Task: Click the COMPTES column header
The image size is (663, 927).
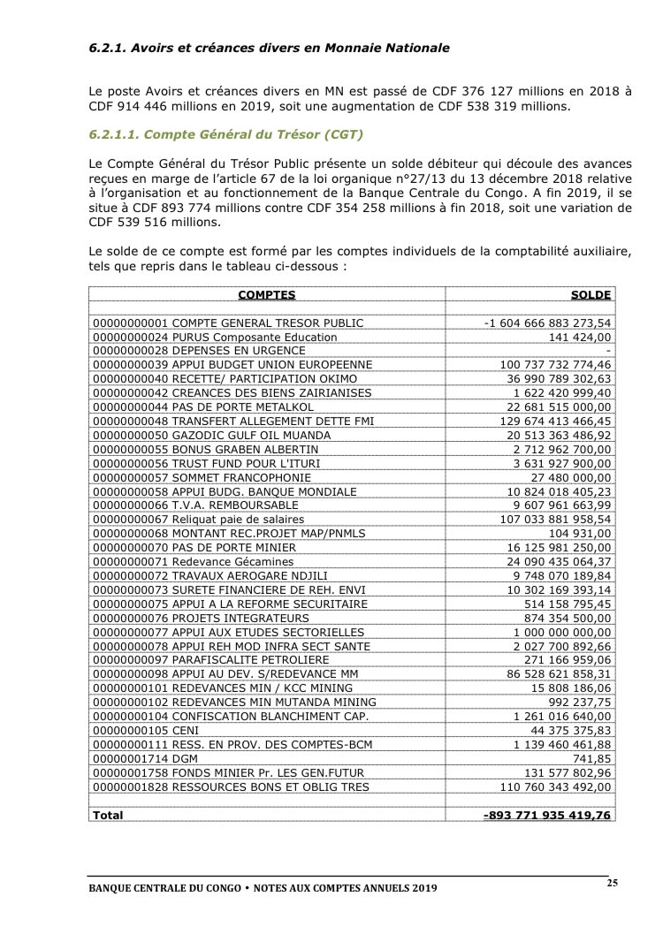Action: [266, 294]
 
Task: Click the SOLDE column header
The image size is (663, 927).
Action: [591, 294]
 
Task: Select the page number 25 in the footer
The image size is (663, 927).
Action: [612, 884]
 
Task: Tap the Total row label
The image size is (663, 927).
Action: [108, 815]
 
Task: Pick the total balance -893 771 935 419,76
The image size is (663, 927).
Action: [547, 815]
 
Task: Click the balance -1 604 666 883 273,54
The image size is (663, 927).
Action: [548, 323]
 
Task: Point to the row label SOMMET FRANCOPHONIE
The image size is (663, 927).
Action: [205, 477]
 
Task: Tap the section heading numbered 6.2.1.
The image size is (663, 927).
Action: [263, 47]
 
